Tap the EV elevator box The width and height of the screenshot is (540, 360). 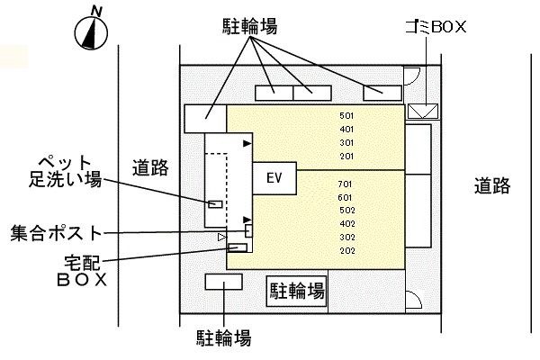[x=275, y=178]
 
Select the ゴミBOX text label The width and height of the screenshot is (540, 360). [x=436, y=27]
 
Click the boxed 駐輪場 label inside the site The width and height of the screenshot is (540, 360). [x=296, y=291]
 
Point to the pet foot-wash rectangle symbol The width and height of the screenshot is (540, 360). [x=215, y=203]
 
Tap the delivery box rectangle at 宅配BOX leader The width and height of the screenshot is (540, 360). [x=238, y=247]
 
